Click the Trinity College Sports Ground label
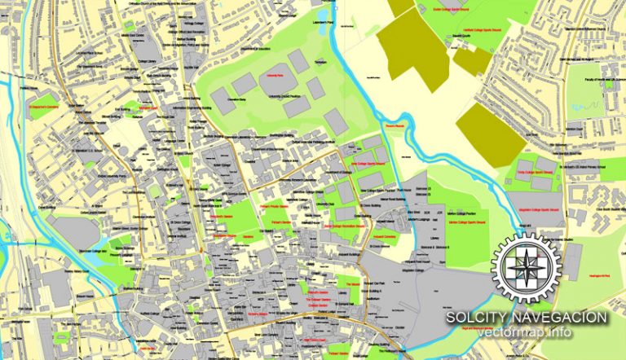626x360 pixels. [x=534, y=173]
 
